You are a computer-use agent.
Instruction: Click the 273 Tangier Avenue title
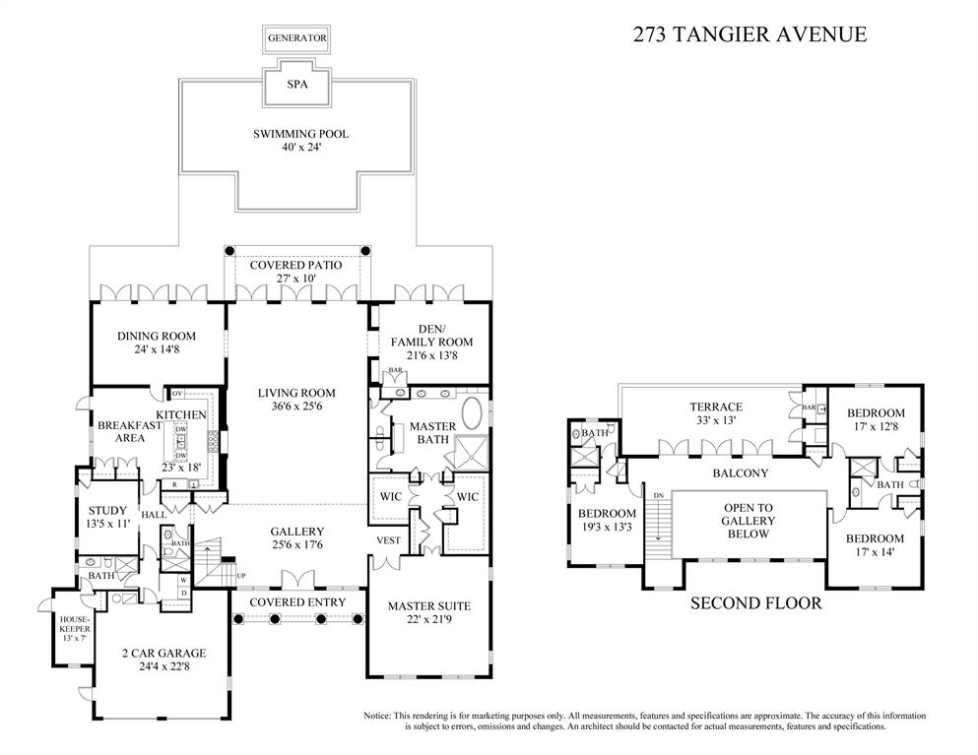click(x=749, y=34)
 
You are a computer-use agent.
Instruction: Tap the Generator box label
click(x=296, y=38)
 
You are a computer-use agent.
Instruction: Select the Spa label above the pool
click(x=296, y=85)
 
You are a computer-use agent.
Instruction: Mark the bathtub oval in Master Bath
click(x=474, y=413)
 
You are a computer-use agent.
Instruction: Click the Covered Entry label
click(x=296, y=601)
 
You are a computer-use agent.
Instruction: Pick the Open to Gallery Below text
click(x=748, y=521)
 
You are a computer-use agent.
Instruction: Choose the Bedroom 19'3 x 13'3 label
click(x=607, y=521)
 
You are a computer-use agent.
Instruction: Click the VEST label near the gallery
click(x=388, y=540)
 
